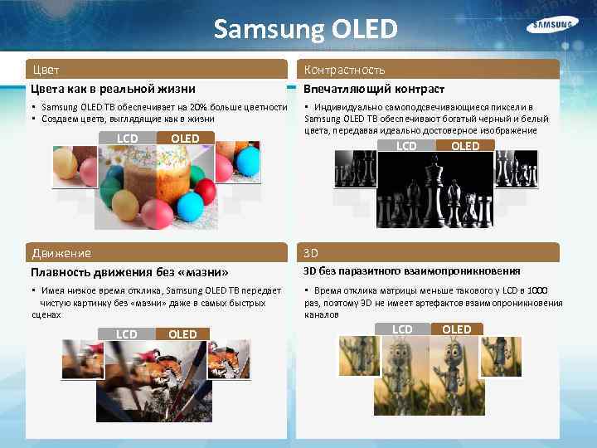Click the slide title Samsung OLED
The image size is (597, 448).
coord(305,29)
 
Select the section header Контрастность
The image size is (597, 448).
coord(344,70)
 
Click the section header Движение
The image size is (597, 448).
coord(61,253)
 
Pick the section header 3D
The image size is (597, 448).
coord(311,253)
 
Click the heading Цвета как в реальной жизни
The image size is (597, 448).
coord(113,89)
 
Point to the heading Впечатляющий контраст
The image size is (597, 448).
coord(374,89)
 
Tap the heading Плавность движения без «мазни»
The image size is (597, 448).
coord(129,271)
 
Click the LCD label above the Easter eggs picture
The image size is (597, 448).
coord(127,138)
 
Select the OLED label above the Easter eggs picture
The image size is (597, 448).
coord(185,138)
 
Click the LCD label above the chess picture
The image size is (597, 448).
coord(406,146)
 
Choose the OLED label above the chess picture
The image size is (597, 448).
coord(464,146)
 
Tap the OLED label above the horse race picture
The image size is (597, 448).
coord(182,334)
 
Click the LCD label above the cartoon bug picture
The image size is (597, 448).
coord(402,329)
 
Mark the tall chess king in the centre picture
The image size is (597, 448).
coord(432,187)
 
